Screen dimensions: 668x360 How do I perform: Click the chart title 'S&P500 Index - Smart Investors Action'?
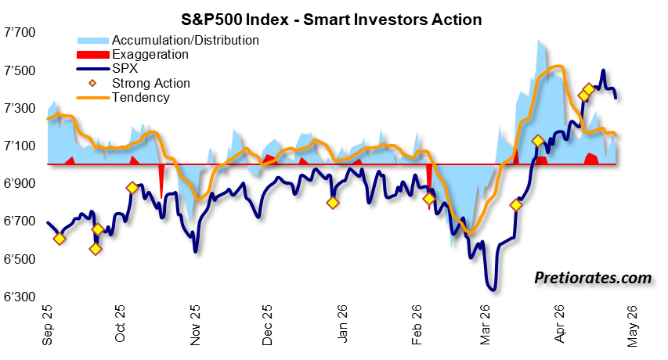(331, 20)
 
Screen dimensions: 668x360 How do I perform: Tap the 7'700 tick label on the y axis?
(20, 32)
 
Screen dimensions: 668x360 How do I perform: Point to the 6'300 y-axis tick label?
(20, 297)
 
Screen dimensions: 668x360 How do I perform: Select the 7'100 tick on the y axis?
(20, 146)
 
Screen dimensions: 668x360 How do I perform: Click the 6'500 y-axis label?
(20, 259)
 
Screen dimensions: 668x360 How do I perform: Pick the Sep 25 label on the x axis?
(47, 325)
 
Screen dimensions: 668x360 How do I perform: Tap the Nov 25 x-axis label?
(195, 325)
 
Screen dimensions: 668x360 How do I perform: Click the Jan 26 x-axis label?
(341, 324)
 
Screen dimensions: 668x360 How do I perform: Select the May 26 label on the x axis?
(633, 326)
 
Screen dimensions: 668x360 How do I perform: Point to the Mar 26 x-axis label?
(486, 325)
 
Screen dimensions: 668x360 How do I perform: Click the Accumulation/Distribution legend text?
(186, 41)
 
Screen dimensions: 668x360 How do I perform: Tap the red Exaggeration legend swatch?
(93, 55)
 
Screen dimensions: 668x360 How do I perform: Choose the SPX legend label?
(125, 69)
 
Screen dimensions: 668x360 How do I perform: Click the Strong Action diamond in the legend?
(92, 83)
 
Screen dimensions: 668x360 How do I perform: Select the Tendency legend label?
(141, 98)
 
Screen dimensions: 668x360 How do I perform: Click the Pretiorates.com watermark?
(593, 278)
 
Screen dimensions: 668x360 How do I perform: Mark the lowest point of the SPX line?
(493, 290)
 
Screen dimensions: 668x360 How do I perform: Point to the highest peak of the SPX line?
(603, 70)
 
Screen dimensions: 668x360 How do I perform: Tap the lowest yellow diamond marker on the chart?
(96, 249)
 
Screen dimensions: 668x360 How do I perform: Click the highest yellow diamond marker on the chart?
(589, 89)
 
